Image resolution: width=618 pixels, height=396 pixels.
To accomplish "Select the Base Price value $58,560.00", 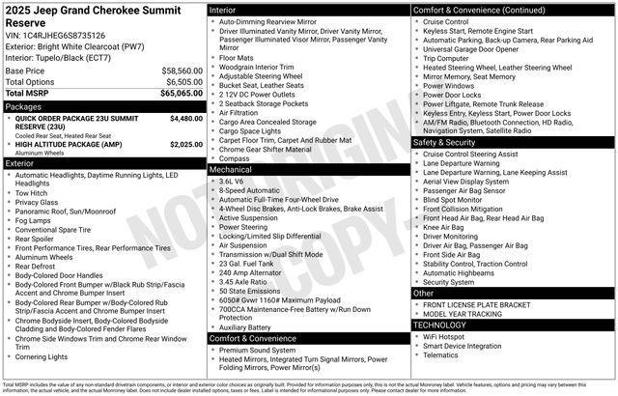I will pyautogui.click(x=183, y=71).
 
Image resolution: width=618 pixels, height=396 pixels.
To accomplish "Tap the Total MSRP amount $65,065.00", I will pyautogui.click(x=181, y=94).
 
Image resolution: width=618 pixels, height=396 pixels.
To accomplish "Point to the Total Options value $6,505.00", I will pyautogui.click(x=183, y=82).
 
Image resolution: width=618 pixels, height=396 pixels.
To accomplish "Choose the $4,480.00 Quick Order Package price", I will pyautogui.click(x=185, y=119).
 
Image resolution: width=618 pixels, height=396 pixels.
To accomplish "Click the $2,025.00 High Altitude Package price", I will pyautogui.click(x=185, y=144).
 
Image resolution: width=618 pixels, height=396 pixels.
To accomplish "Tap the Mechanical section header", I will pyautogui.click(x=231, y=169).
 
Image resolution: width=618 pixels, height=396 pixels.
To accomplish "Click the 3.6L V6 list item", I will pyautogui.click(x=231, y=181).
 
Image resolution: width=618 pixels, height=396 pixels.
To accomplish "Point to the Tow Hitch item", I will pyautogui.click(x=33, y=192).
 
